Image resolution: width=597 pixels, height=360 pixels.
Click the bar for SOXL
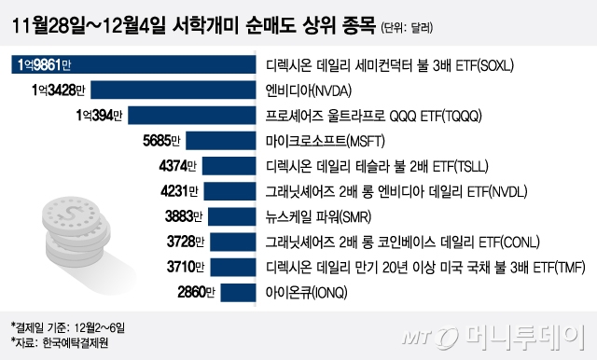click(131, 65)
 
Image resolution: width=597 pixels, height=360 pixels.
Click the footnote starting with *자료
click(51, 342)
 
